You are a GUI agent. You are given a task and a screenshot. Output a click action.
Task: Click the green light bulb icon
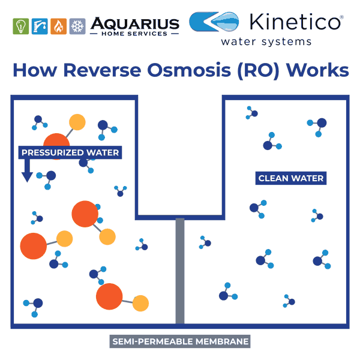click(20, 26)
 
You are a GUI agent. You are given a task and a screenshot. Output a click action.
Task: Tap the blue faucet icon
click(40, 26)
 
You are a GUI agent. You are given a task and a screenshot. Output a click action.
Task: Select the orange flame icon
click(59, 26)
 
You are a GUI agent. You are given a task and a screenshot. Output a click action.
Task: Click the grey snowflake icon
click(77, 26)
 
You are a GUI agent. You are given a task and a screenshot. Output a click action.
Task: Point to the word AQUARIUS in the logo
click(135, 23)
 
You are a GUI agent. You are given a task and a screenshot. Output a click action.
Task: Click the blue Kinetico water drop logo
click(214, 22)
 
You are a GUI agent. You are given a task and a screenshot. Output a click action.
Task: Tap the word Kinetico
click(295, 22)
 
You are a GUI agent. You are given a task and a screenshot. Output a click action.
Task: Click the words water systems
click(266, 42)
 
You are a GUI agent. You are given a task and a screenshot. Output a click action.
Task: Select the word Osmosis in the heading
click(189, 70)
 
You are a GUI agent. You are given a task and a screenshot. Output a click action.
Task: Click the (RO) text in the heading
click(258, 71)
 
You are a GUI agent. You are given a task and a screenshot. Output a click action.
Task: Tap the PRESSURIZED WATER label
click(70, 152)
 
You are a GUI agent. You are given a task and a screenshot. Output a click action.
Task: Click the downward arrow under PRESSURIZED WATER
click(27, 170)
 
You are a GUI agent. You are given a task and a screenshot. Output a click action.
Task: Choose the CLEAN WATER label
click(291, 178)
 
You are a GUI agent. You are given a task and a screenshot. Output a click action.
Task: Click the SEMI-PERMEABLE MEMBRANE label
click(180, 341)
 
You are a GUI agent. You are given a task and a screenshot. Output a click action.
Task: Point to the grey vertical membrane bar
click(180, 271)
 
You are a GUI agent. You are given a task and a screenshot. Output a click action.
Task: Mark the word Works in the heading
click(317, 70)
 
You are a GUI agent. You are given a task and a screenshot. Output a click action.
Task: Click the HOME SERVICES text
click(134, 34)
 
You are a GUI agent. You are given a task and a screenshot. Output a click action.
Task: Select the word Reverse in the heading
click(102, 70)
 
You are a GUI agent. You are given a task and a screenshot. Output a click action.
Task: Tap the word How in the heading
click(35, 70)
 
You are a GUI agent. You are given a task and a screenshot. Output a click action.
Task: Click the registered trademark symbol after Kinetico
click(341, 17)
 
